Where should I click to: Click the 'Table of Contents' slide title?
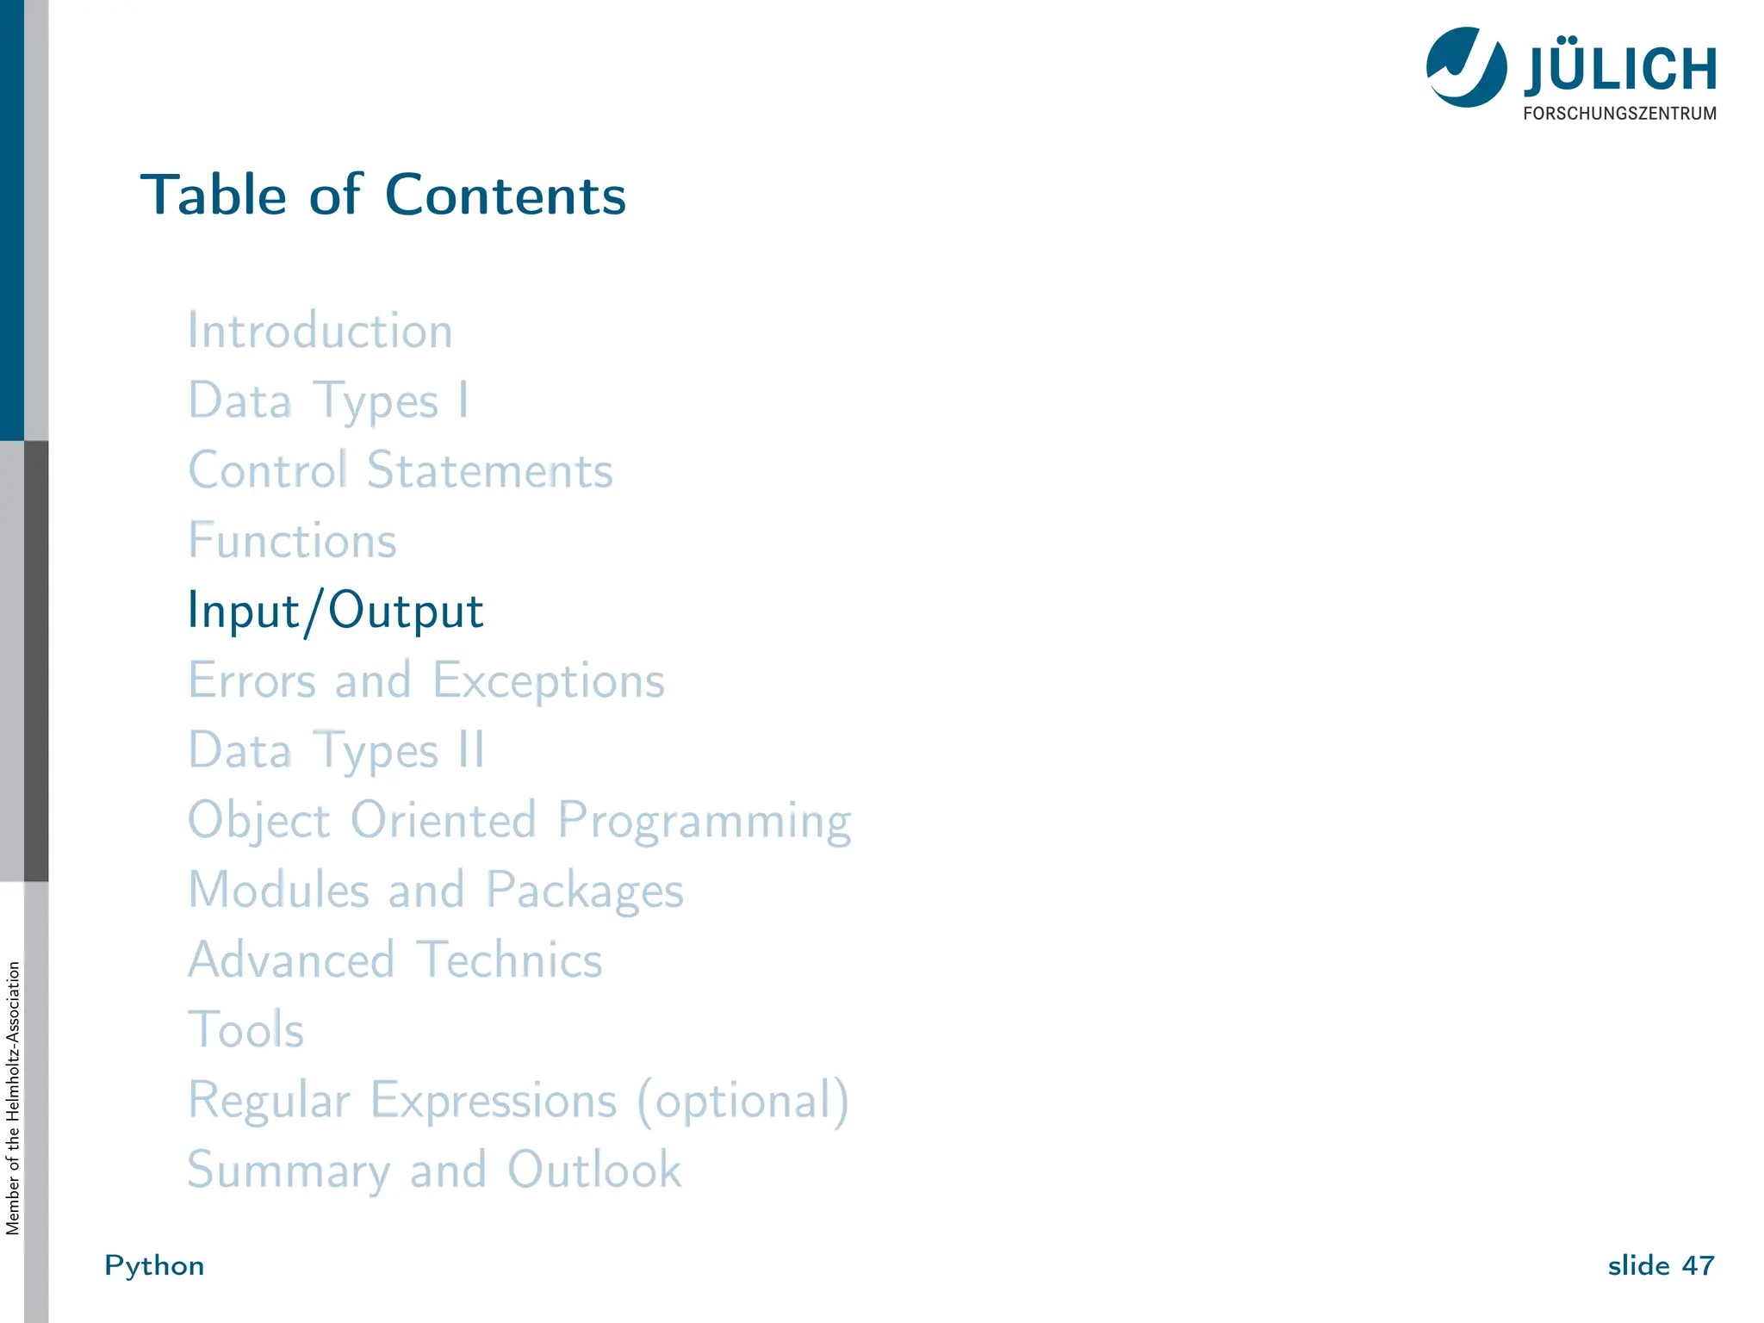point(383,195)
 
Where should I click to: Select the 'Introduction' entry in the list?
point(320,331)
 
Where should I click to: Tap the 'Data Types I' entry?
point(328,401)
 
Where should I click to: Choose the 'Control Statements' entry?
point(401,471)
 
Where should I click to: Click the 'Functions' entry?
point(293,541)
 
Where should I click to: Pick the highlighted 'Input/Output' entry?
point(336,612)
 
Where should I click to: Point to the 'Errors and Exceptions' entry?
point(426,680)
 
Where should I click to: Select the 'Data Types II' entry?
point(337,751)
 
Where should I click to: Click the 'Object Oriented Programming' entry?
point(519,821)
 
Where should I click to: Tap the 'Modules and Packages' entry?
point(436,891)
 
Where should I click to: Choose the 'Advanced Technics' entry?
point(395,960)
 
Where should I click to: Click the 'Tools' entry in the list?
point(246,1030)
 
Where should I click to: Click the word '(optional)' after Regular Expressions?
point(743,1101)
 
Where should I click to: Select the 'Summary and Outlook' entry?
point(435,1171)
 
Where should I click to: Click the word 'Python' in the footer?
point(154,1265)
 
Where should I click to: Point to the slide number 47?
point(1698,1265)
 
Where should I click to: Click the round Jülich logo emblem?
point(1466,67)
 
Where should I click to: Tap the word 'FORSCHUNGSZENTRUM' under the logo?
point(1619,114)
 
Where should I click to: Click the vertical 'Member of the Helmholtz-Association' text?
point(13,1098)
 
